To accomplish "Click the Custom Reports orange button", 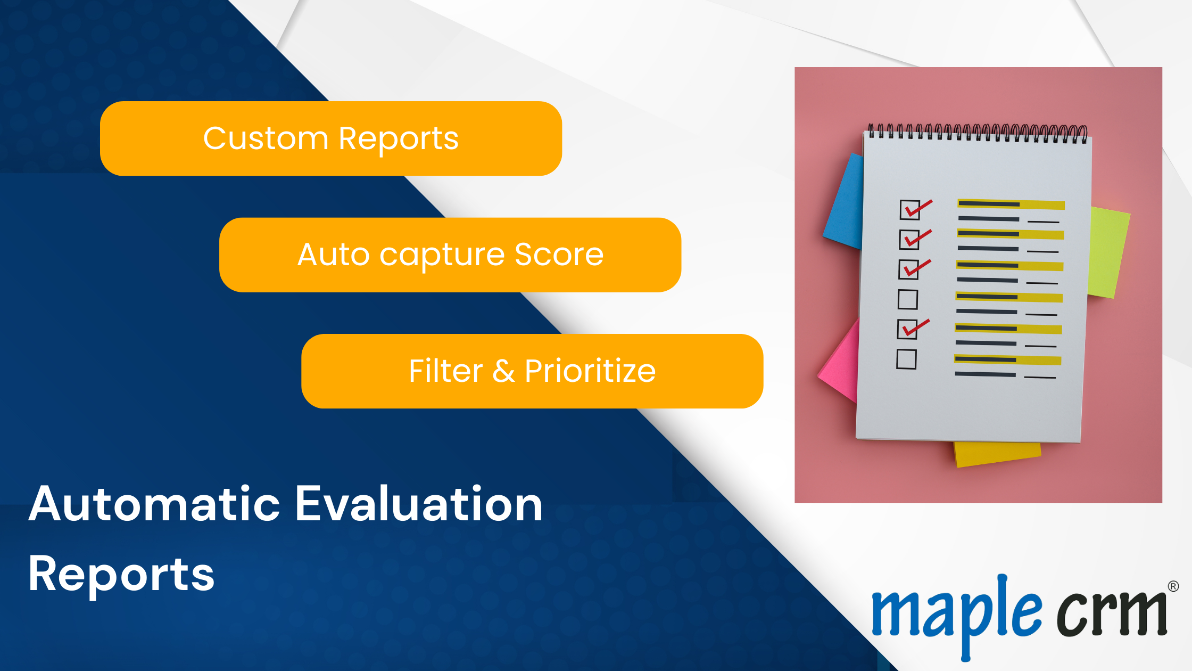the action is coord(331,138).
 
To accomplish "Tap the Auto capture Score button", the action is coord(450,255).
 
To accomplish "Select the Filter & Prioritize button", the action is coord(532,371).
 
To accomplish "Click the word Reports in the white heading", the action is coord(121,575).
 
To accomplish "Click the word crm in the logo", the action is coord(1112,612).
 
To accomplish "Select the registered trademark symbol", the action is coord(1173,586).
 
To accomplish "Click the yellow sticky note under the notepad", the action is coord(997,454).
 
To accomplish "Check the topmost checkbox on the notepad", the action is coord(910,210).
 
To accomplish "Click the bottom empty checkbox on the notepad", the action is coord(906,359).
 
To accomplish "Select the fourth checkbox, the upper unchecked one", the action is coord(908,299).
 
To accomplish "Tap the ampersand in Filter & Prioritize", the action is coord(503,371).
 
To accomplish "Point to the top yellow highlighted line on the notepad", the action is coord(1011,204).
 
